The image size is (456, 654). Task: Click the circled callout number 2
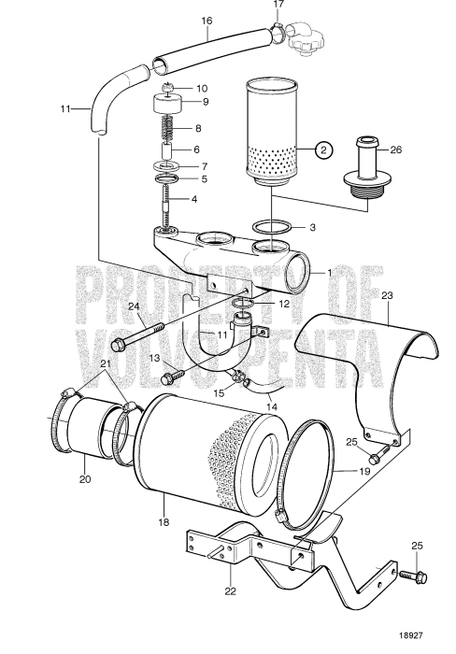[x=323, y=149]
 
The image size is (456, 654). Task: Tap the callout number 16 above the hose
[x=207, y=20]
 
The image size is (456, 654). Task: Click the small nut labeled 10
[x=169, y=88]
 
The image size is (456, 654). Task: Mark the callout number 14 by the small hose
[x=270, y=405]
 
